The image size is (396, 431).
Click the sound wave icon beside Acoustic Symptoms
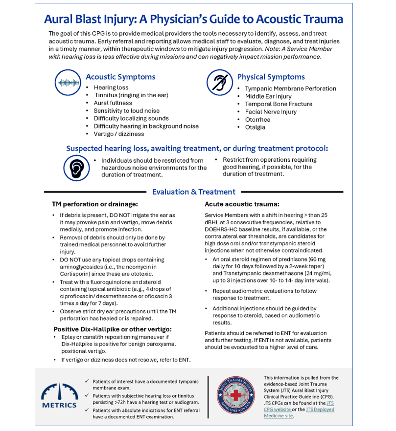(69, 82)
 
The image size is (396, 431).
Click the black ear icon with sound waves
(76, 168)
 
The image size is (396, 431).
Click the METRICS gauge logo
(59, 395)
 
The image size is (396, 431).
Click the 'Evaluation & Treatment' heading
(193, 192)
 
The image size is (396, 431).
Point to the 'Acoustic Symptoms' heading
(120, 77)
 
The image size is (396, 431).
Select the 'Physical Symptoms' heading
(271, 77)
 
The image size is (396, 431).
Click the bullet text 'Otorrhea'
(258, 119)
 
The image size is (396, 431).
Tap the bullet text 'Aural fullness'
(113, 103)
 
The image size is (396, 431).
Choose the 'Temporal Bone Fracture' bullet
(279, 104)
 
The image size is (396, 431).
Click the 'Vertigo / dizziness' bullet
(119, 134)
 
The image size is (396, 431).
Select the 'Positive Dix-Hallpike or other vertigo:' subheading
(113, 329)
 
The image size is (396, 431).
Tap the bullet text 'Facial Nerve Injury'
(271, 112)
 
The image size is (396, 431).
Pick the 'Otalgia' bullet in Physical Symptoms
(255, 127)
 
